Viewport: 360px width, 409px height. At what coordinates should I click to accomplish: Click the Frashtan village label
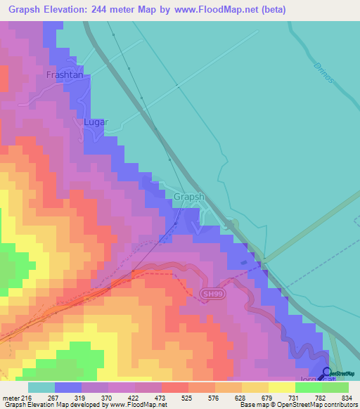pyautogui.click(x=65, y=74)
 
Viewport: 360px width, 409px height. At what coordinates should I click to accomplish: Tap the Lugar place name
pyautogui.click(x=96, y=122)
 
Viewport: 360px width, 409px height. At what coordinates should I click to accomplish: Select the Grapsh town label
pyautogui.click(x=188, y=197)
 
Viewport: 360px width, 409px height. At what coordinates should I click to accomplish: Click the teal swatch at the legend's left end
pyautogui.click(x=41, y=387)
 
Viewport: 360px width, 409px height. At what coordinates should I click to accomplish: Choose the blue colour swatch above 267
pyautogui.click(x=68, y=387)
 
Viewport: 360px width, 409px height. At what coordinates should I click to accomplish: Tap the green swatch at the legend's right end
pyautogui.click(x=335, y=387)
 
